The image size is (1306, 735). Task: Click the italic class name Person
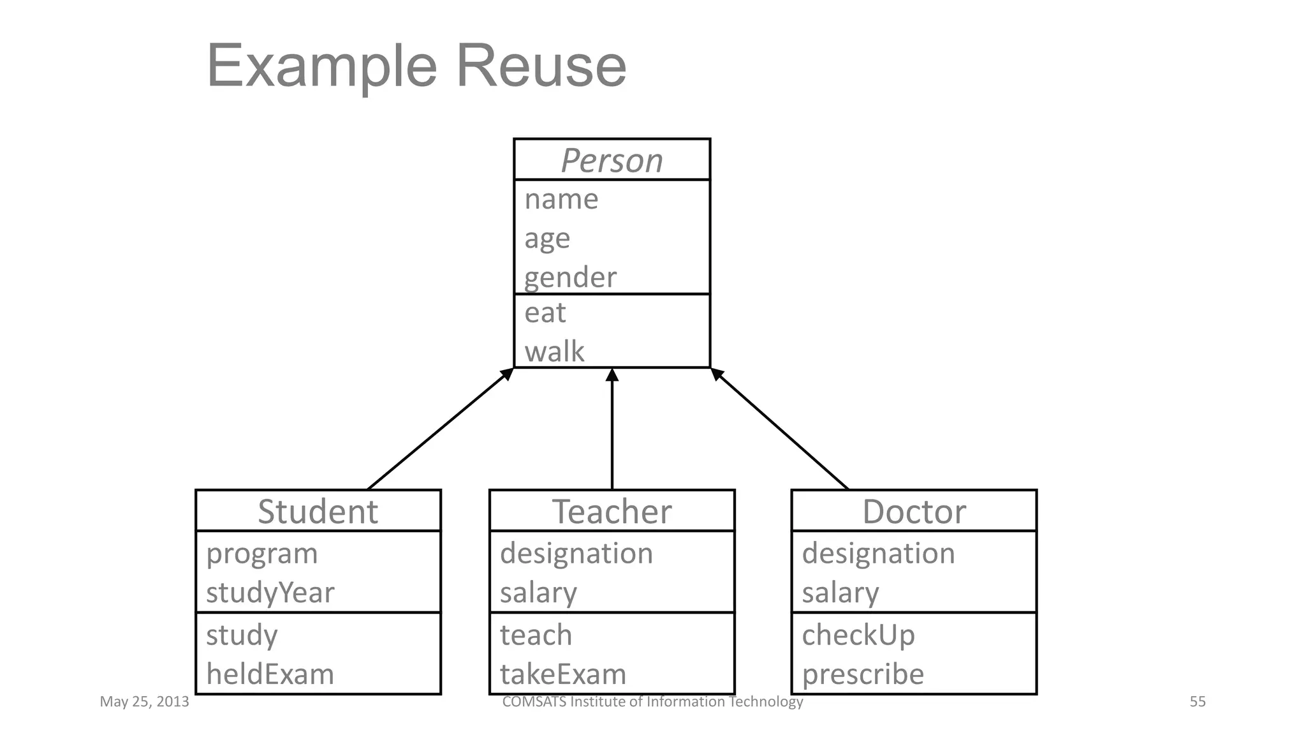click(x=612, y=160)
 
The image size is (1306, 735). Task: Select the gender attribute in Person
click(x=570, y=278)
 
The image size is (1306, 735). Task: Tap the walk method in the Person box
click(x=554, y=352)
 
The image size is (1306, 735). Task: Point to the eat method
click(x=545, y=313)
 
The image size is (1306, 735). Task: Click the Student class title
click(x=318, y=512)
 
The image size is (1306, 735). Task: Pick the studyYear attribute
click(x=270, y=593)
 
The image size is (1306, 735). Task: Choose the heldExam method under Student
click(x=270, y=674)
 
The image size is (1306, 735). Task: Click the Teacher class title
click(x=612, y=512)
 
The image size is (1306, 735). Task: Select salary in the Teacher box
click(x=538, y=593)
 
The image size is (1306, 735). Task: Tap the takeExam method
click(x=563, y=674)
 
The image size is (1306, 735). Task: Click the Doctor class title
click(x=914, y=512)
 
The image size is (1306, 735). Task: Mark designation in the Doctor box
click(x=878, y=553)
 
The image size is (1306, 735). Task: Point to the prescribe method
click(x=863, y=674)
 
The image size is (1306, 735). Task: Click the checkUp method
click(x=858, y=635)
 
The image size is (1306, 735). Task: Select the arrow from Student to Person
click(x=440, y=429)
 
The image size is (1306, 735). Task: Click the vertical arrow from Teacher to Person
click(x=612, y=434)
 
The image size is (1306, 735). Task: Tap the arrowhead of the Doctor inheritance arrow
click(x=716, y=374)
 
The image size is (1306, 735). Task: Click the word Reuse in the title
click(x=541, y=66)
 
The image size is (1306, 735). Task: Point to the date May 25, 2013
click(x=144, y=702)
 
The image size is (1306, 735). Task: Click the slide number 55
click(x=1197, y=702)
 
